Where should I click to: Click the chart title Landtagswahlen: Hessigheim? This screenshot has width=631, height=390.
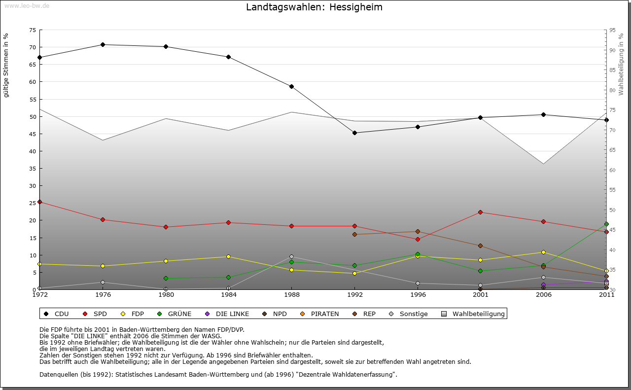pos(314,7)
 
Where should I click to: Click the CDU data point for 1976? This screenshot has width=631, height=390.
pos(103,45)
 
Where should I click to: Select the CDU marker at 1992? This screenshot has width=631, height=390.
pos(354,133)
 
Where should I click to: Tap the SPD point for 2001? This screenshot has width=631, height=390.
pos(480,213)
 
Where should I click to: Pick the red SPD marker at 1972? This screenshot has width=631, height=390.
pos(39,202)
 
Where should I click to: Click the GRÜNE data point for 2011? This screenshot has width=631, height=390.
pos(606,224)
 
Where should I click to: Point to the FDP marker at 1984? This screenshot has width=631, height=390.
pos(228,256)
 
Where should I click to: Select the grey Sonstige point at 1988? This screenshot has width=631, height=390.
pos(291,256)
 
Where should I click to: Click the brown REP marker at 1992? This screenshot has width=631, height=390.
pos(354,234)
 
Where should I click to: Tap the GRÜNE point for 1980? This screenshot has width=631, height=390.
pos(166,279)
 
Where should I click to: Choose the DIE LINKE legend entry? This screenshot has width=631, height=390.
pos(227,314)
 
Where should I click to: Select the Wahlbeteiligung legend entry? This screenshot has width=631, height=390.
pos(474,314)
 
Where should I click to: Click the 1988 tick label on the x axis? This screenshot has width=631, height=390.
pos(291,295)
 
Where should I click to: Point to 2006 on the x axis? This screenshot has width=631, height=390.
pos(543,295)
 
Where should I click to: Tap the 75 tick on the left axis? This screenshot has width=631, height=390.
pos(32,30)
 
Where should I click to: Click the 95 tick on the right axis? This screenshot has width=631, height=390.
pos(612,30)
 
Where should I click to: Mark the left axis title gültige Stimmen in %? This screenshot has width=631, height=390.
pos(6,65)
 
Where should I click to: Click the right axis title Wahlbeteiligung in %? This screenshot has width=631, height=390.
pos(621,64)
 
